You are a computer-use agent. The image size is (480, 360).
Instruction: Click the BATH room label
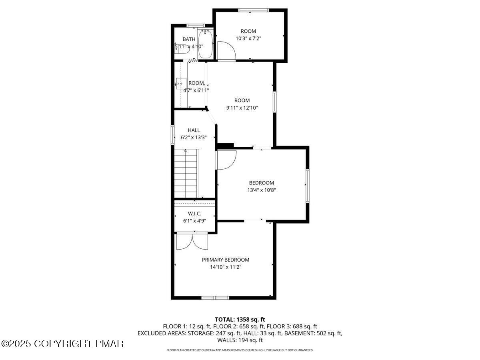tap(189, 39)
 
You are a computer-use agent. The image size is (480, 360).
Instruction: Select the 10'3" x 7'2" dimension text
tap(248, 38)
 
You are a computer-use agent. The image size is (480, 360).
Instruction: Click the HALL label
tap(194, 130)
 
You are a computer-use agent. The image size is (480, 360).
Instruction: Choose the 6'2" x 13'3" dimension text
tap(194, 137)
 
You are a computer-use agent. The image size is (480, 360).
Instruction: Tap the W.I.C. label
tap(194, 214)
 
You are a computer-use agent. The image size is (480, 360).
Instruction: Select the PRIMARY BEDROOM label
tap(225, 260)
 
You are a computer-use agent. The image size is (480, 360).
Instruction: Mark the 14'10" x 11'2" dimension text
tap(225, 267)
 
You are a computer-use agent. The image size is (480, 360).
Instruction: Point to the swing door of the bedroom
tap(226, 160)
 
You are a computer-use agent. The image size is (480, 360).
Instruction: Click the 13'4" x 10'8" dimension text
tap(261, 190)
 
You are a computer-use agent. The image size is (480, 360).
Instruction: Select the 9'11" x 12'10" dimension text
tap(242, 108)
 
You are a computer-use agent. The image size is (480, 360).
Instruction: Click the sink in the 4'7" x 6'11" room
tap(181, 84)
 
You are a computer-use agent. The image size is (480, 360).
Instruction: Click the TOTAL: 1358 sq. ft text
tap(240, 319)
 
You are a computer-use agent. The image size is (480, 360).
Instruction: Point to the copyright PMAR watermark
tap(63, 344)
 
